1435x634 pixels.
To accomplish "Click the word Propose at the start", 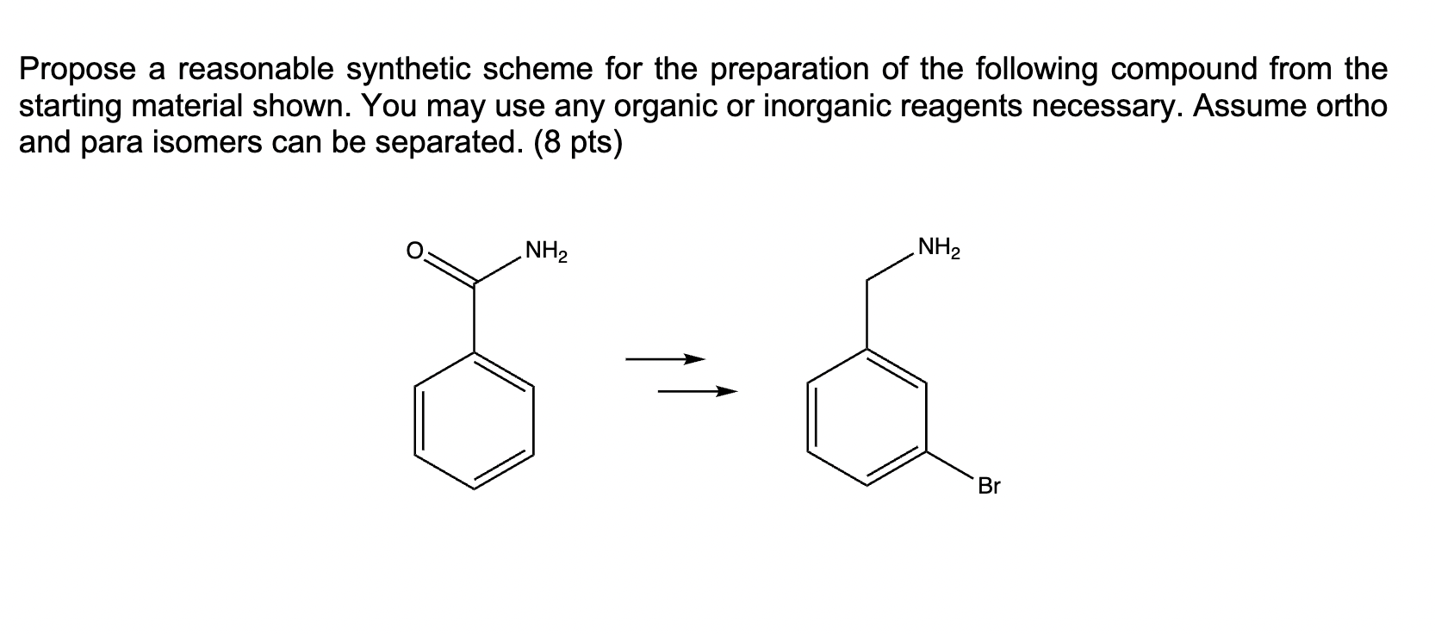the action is tap(78, 70).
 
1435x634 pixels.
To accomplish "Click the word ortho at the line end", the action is tap(1352, 106).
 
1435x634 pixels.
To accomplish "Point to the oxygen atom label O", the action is tap(414, 252).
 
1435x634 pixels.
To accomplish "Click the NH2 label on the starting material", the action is tap(546, 253).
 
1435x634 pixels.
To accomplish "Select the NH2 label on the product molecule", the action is tap(939, 250).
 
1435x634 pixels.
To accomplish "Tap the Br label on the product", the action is tap(990, 486).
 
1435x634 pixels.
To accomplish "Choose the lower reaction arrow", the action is tap(698, 393).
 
